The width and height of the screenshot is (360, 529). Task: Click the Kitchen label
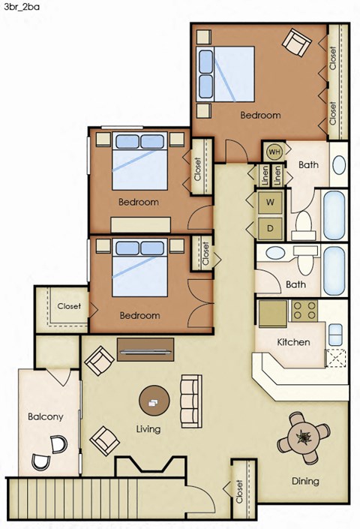pos(294,342)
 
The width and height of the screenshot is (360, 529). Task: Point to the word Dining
pos(305,481)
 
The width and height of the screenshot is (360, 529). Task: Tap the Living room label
pos(150,430)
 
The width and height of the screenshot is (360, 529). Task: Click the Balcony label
pos(46,416)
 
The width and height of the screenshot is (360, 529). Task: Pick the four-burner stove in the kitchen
pos(305,309)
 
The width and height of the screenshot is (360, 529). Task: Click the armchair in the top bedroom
pos(296,44)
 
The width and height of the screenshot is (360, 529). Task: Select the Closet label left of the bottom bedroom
pos(69,306)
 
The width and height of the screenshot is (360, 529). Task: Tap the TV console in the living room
pos(145,349)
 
